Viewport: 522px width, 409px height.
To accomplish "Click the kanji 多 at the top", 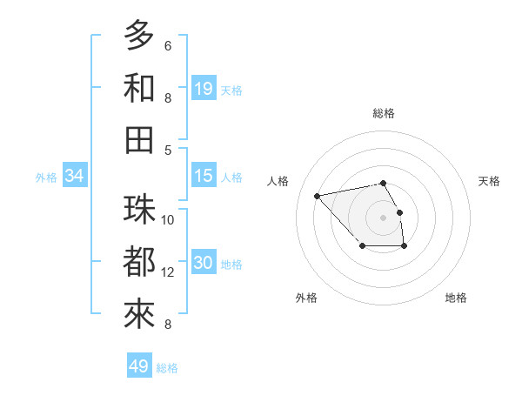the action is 140,35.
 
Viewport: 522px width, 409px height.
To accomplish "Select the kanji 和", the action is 140,87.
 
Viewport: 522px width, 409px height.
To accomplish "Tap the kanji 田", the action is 140,139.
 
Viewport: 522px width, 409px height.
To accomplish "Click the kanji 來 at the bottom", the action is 140,314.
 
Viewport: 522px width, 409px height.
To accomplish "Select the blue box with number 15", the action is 204,176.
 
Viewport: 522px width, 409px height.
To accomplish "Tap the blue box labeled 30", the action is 204,264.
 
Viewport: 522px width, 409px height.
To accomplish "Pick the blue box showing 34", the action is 75,176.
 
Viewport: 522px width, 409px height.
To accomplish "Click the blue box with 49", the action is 139,366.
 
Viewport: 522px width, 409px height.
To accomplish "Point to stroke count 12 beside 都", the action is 169,272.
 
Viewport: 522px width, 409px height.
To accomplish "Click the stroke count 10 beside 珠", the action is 169,219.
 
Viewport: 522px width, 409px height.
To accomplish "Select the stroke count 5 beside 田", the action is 168,150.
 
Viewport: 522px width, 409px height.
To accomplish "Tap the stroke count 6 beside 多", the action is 168,45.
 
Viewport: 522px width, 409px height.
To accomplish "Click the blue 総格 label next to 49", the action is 167,368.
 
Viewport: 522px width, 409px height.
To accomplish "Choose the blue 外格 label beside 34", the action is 46,178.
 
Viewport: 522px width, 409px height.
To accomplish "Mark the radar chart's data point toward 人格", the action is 318,195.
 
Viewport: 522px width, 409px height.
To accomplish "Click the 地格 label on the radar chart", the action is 456,298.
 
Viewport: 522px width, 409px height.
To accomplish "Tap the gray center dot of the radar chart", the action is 383,217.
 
